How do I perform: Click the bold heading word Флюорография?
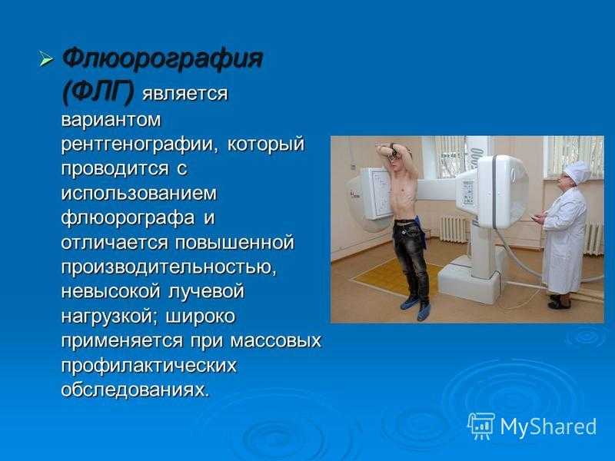coord(162,60)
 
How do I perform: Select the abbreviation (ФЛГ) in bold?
coord(98,92)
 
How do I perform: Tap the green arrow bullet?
coord(46,60)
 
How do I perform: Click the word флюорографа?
coord(128,218)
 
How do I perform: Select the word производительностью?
coord(169,267)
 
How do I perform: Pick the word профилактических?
coord(148,366)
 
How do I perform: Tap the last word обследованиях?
coord(135,390)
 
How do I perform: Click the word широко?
coord(201,317)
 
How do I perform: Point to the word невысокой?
coord(111,292)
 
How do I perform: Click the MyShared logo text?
coord(548,426)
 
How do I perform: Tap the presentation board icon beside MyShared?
coord(481,426)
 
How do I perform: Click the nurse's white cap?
coord(577,171)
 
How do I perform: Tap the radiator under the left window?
coord(454,229)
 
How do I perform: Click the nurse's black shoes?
coord(560,302)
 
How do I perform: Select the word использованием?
coord(139,194)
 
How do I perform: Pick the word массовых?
coord(276,341)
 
